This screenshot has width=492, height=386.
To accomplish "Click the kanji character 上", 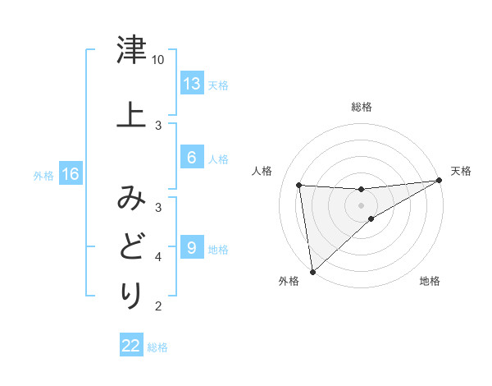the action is (x=131, y=114).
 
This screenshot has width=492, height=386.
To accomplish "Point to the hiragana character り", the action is (x=131, y=295).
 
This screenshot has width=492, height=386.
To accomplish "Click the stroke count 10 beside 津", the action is (x=158, y=60).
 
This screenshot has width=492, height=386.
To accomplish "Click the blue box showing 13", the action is (x=192, y=84).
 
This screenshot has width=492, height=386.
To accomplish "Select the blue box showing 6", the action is (x=192, y=158).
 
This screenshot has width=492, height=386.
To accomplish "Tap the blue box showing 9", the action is (x=192, y=248).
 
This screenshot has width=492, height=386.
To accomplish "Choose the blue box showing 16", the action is (x=70, y=174).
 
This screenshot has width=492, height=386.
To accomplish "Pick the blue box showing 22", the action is (x=131, y=346).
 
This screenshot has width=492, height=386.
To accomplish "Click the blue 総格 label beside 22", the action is (x=157, y=347).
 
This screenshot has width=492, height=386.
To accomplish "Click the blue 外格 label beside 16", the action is (x=43, y=175).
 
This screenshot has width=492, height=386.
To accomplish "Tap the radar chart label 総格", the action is (x=361, y=107).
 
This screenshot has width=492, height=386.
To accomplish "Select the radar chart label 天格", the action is (x=461, y=171).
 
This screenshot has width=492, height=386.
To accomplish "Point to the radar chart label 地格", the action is (x=430, y=281).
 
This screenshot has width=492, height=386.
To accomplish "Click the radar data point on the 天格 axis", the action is (x=440, y=181).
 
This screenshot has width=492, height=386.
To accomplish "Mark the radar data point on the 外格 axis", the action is (x=312, y=272).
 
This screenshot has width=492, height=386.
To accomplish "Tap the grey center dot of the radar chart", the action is (x=361, y=204).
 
